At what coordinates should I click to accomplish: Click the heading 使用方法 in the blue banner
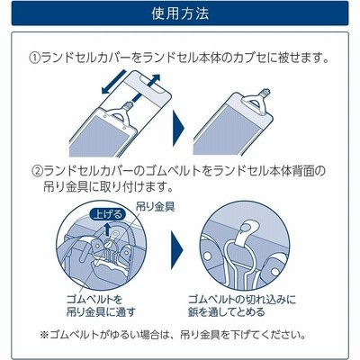click(180, 13)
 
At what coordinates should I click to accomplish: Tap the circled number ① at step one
click(34, 58)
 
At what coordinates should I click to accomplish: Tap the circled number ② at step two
click(38, 171)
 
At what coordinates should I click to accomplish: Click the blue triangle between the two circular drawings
click(176, 250)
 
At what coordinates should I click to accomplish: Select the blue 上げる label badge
click(107, 215)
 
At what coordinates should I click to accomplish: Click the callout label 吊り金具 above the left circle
click(155, 207)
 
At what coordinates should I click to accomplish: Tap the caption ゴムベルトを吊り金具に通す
click(101, 306)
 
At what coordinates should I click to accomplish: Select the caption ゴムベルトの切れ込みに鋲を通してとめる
click(242, 306)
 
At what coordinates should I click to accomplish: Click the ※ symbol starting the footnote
click(44, 335)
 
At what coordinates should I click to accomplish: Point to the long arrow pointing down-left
click(113, 82)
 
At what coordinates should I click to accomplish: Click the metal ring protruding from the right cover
click(265, 93)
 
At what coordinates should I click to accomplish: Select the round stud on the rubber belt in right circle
click(246, 229)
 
